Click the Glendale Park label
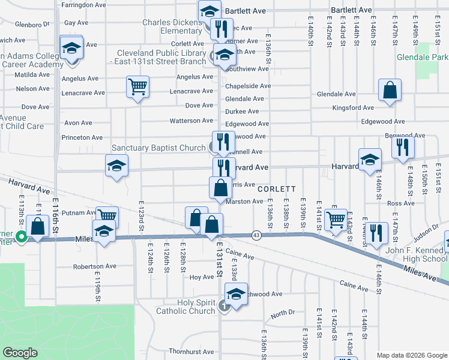coord(423,58)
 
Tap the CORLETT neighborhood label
coord(277,188)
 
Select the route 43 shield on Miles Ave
coord(256,234)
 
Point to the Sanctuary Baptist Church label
coord(158,148)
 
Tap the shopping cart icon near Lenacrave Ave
coord(137,87)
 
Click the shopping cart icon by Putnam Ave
coord(107,216)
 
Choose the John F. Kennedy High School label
coord(408,254)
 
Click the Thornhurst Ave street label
coord(191,352)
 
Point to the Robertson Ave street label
coord(94,266)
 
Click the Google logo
coord(20,352)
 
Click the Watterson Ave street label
coord(191,121)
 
